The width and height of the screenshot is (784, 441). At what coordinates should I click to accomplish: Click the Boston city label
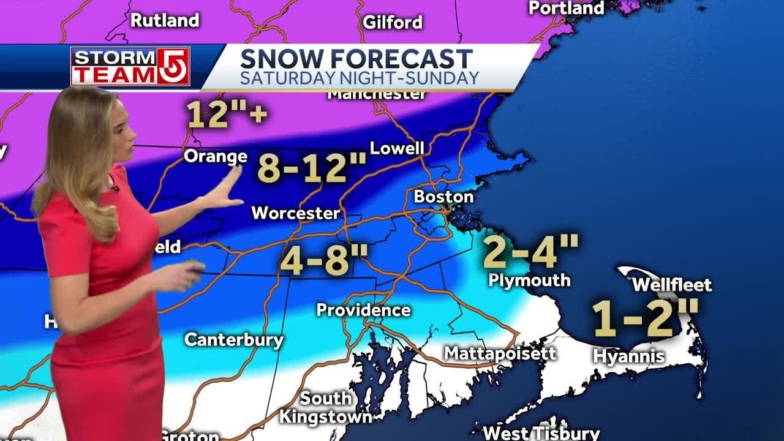coord(443,197)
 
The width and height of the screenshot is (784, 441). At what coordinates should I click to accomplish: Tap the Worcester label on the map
coord(295,213)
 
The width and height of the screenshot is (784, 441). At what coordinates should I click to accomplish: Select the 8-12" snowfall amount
coord(312,168)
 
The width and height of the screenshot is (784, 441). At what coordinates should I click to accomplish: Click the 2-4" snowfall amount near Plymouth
coord(530,251)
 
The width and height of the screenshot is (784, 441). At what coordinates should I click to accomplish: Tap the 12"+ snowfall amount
coord(226,114)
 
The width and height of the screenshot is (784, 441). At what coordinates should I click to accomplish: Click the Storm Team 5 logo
coord(130,66)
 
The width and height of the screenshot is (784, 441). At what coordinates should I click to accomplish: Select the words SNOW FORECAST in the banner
coord(356,59)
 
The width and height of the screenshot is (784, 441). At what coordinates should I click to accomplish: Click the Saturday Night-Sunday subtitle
coord(359,78)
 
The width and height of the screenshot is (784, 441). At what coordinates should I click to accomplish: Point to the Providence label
coord(363,310)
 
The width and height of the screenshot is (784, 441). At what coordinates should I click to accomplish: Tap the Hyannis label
coord(628,356)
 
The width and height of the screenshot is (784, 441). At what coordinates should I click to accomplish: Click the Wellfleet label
coord(671,285)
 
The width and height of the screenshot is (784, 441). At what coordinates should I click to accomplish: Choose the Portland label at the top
coord(566,8)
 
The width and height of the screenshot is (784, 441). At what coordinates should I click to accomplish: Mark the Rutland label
coord(165,20)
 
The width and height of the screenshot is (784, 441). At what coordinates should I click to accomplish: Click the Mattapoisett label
coord(500,353)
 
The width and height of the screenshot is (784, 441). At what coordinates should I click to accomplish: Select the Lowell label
coord(397,148)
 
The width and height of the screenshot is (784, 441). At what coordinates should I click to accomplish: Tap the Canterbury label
coord(234,340)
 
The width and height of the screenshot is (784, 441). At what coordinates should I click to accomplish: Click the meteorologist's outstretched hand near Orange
coord(224,194)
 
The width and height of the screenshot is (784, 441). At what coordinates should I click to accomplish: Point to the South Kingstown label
coord(325,408)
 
